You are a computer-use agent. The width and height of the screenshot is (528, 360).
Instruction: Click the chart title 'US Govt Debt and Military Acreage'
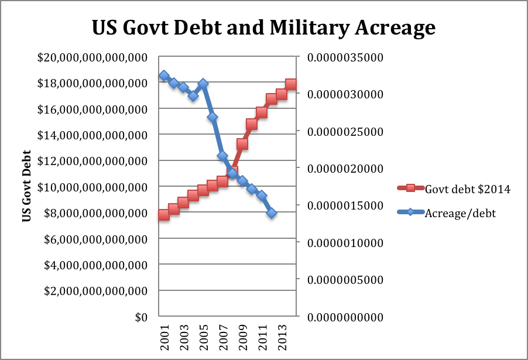pos(263,28)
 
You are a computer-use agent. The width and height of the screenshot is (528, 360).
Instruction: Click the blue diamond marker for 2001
pos(164,76)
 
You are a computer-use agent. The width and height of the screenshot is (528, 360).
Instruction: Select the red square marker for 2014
pos(291,84)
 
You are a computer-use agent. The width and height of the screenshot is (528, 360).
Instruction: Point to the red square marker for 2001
pos(164,215)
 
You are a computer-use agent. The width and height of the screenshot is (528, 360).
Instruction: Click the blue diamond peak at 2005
pos(203,84)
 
